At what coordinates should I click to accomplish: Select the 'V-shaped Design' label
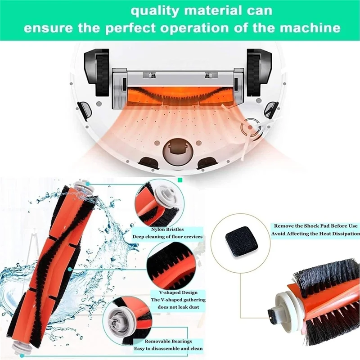pos(168,292)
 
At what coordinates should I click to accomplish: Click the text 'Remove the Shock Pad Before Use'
pos(315,226)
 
